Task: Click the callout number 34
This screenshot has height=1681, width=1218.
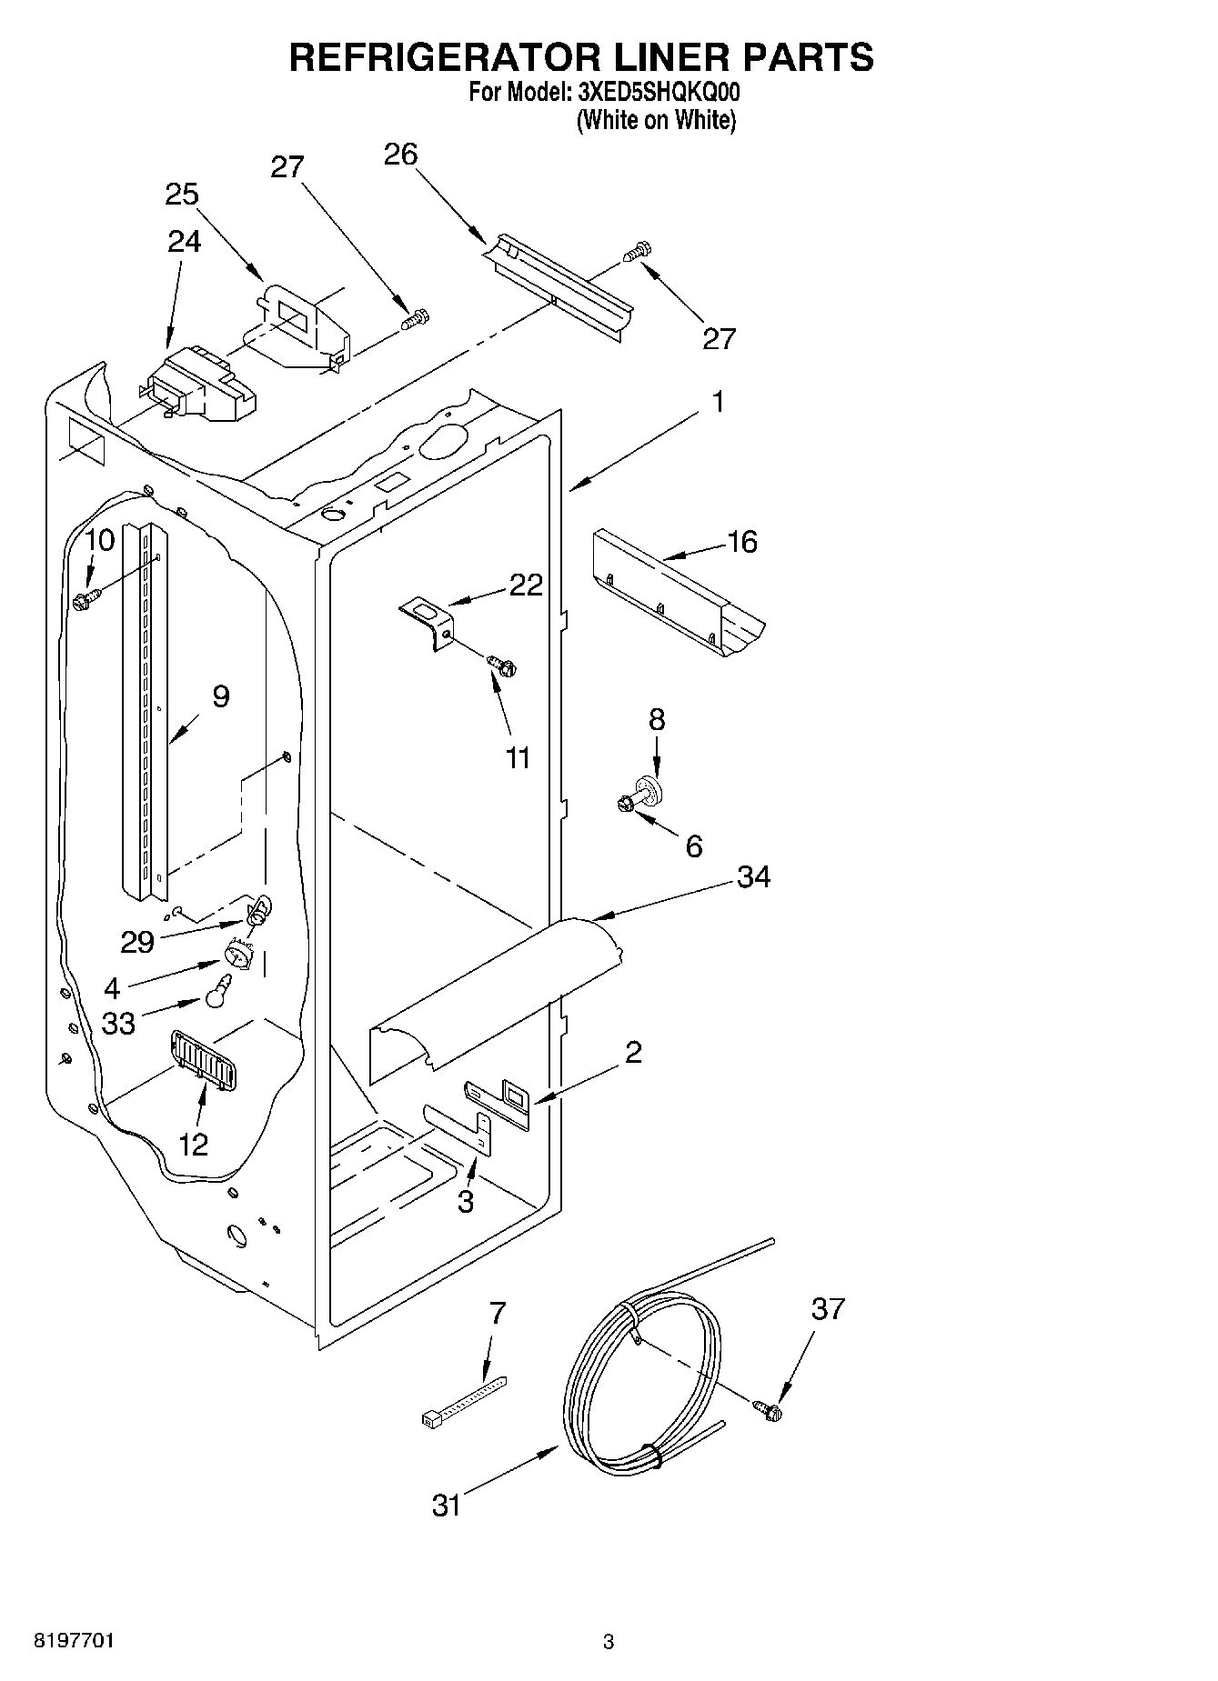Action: pyautogui.click(x=753, y=877)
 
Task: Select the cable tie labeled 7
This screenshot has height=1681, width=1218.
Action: pyautogui.click(x=462, y=1401)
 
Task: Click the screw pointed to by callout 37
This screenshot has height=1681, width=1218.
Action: pyautogui.click(x=770, y=1410)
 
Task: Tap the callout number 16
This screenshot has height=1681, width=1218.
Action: pyautogui.click(x=742, y=542)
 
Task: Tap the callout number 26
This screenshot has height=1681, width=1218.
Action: pyautogui.click(x=400, y=155)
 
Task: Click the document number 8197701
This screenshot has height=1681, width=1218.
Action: pyautogui.click(x=74, y=1641)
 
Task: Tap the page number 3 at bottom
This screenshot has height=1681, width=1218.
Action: pyautogui.click(x=608, y=1642)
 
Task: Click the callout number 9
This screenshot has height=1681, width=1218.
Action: pyautogui.click(x=220, y=696)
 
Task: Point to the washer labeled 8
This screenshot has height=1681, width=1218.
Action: pyautogui.click(x=649, y=788)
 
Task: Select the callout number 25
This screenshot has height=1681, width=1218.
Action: pyautogui.click(x=182, y=195)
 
